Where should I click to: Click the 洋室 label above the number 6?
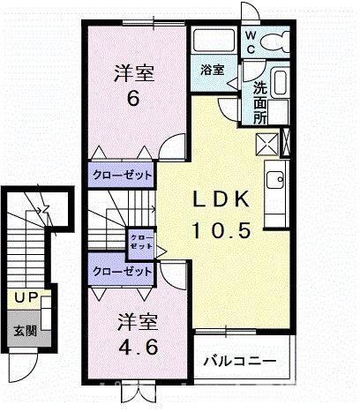[x=132, y=73]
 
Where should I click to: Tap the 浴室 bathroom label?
[x=211, y=70]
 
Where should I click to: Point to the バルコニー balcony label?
[x=239, y=361]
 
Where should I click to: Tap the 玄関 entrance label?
[x=24, y=333]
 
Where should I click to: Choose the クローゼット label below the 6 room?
[x=120, y=175]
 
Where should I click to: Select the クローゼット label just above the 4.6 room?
[x=120, y=272]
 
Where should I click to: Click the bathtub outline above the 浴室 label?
[x=210, y=42]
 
